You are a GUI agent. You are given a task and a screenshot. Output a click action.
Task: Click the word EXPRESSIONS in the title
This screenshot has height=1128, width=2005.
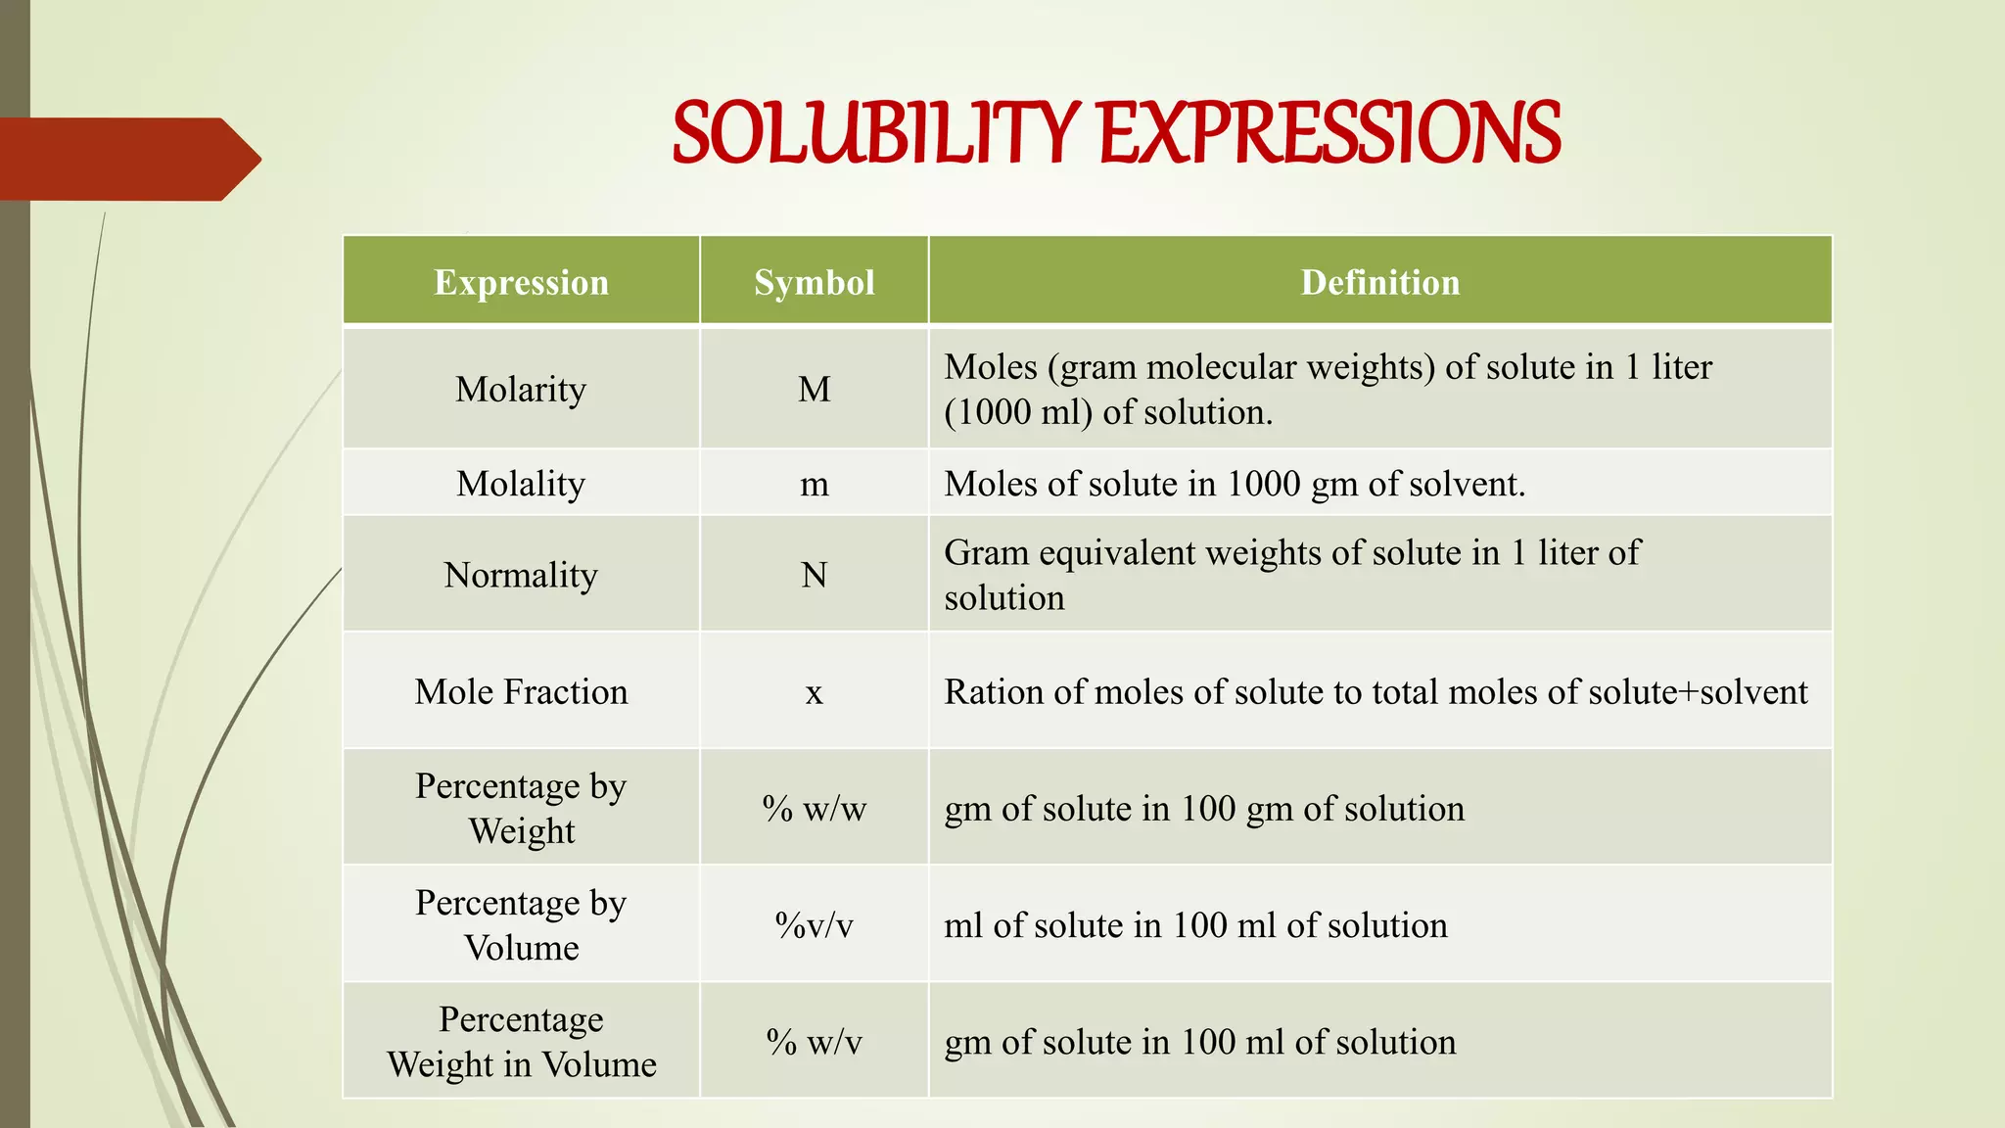point(1329,133)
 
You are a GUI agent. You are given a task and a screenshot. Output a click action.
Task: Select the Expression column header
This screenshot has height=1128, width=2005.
point(521,282)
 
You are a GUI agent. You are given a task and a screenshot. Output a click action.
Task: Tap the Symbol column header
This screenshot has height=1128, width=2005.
point(814,282)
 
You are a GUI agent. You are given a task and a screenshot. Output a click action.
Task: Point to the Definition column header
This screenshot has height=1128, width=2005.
point(1379,282)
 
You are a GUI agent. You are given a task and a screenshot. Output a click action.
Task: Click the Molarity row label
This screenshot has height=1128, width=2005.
point(521,390)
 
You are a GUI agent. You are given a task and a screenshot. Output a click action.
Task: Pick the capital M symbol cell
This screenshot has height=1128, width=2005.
point(814,390)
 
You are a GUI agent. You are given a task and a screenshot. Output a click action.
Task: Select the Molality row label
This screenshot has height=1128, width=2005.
point(521,484)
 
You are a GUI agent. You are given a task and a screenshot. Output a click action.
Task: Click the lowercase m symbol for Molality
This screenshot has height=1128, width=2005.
point(814,484)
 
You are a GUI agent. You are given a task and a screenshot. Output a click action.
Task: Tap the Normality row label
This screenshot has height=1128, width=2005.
point(521,575)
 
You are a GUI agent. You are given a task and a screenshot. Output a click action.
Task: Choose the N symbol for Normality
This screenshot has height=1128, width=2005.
point(814,575)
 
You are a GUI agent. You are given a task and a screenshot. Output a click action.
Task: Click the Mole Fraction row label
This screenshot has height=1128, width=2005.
point(521,692)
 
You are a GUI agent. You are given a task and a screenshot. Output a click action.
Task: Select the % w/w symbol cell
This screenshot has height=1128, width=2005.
point(814,809)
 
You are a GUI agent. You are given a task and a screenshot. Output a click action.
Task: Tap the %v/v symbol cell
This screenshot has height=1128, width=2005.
point(814,925)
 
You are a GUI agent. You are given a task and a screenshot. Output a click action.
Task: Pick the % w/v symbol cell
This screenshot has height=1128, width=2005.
point(814,1042)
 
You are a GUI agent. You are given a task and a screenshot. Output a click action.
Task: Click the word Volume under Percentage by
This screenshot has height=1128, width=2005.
point(521,948)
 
